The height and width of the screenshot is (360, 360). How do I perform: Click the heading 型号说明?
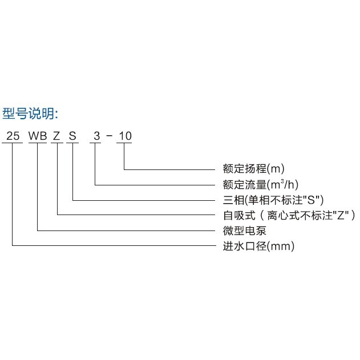click(x=31, y=112)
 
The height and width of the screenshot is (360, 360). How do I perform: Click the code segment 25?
click(x=12, y=136)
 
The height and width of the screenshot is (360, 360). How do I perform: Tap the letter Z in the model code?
click(x=56, y=136)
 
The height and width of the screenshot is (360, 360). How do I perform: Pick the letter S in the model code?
click(x=72, y=136)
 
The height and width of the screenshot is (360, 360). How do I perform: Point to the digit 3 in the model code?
click(x=96, y=136)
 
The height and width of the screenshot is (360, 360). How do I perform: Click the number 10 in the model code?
click(x=125, y=136)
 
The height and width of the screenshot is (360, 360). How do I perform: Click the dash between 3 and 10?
click(x=110, y=137)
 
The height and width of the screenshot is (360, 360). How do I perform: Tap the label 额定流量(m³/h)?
click(x=261, y=184)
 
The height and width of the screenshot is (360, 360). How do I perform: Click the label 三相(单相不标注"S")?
click(x=273, y=200)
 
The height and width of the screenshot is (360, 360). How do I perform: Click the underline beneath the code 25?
click(x=12, y=143)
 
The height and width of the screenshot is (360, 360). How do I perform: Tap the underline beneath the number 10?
click(x=125, y=143)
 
